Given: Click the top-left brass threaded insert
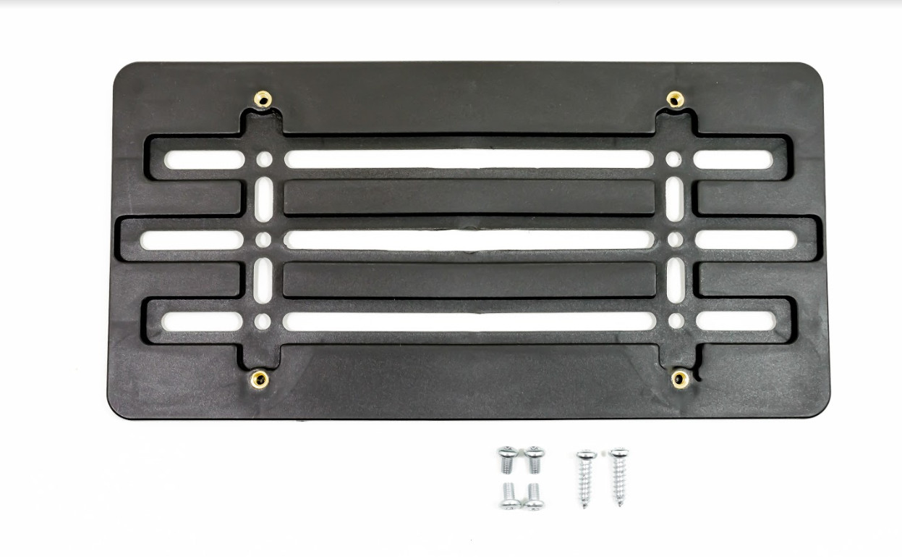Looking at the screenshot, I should tap(263, 99).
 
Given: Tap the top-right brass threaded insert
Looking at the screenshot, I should tap(675, 99).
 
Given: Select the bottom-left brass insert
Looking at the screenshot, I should tap(258, 378).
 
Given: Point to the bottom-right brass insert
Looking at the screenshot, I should tap(680, 377).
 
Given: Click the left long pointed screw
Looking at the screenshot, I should tap(585, 478).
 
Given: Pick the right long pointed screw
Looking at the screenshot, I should tap(618, 476).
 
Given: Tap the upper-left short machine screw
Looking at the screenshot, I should tap(507, 459).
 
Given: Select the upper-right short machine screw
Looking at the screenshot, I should tap(535, 459).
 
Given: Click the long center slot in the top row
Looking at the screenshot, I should tap(469, 159).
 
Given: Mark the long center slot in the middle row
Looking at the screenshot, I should tap(469, 240).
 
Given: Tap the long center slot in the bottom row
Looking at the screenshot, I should tap(469, 322).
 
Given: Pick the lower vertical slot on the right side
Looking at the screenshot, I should tap(675, 280).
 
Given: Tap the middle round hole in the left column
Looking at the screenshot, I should tap(264, 240).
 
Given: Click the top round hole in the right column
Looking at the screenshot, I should tap(673, 159).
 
